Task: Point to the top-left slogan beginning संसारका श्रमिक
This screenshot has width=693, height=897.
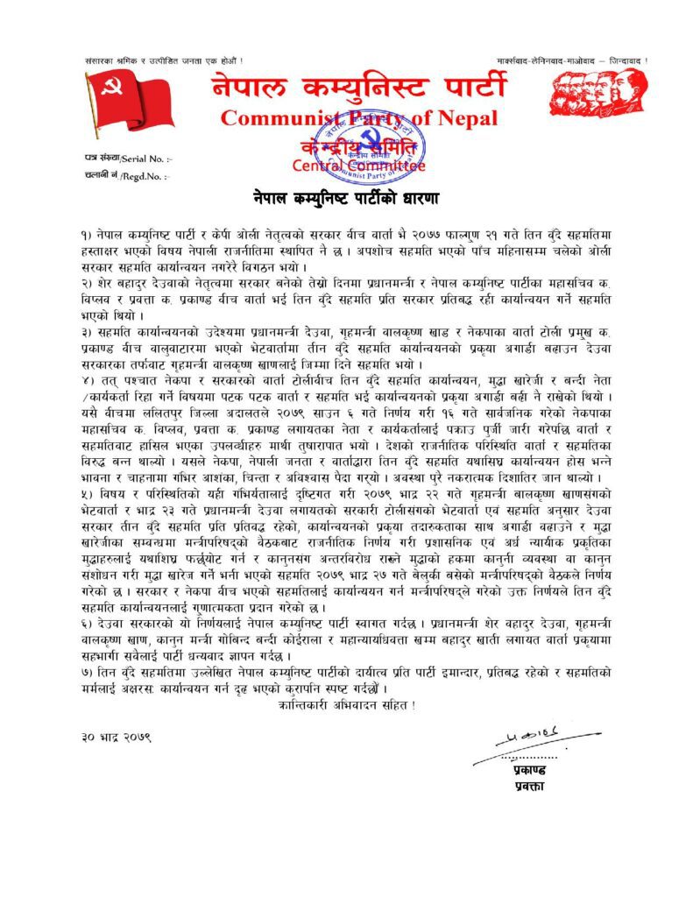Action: click(x=158, y=60)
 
